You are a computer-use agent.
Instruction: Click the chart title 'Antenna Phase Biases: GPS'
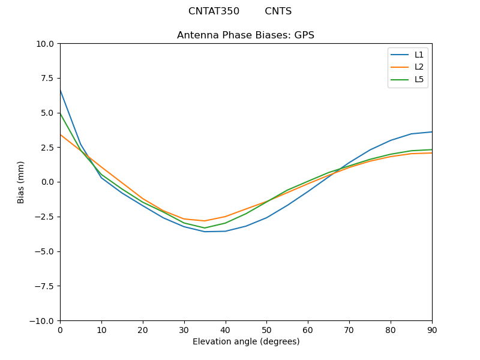[x=245, y=35]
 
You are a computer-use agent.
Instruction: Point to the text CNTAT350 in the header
[x=214, y=11]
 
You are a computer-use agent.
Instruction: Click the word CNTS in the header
[x=278, y=11]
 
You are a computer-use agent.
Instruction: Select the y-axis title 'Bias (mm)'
[x=21, y=182]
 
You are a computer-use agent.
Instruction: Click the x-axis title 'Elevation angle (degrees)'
[x=245, y=342]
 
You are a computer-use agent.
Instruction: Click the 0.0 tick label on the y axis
[x=48, y=182]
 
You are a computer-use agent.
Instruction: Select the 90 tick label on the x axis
[x=431, y=330]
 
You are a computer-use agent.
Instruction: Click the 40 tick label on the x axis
[x=225, y=330]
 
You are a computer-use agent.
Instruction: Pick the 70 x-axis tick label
[x=349, y=330]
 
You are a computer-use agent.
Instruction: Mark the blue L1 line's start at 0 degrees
[x=60, y=90]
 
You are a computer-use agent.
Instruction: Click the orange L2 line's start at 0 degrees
[x=60, y=134]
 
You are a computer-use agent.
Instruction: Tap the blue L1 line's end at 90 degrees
[x=431, y=132]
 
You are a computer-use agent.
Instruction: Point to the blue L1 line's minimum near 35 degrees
[x=205, y=232]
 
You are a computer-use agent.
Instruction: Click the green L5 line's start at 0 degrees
[x=60, y=113]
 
